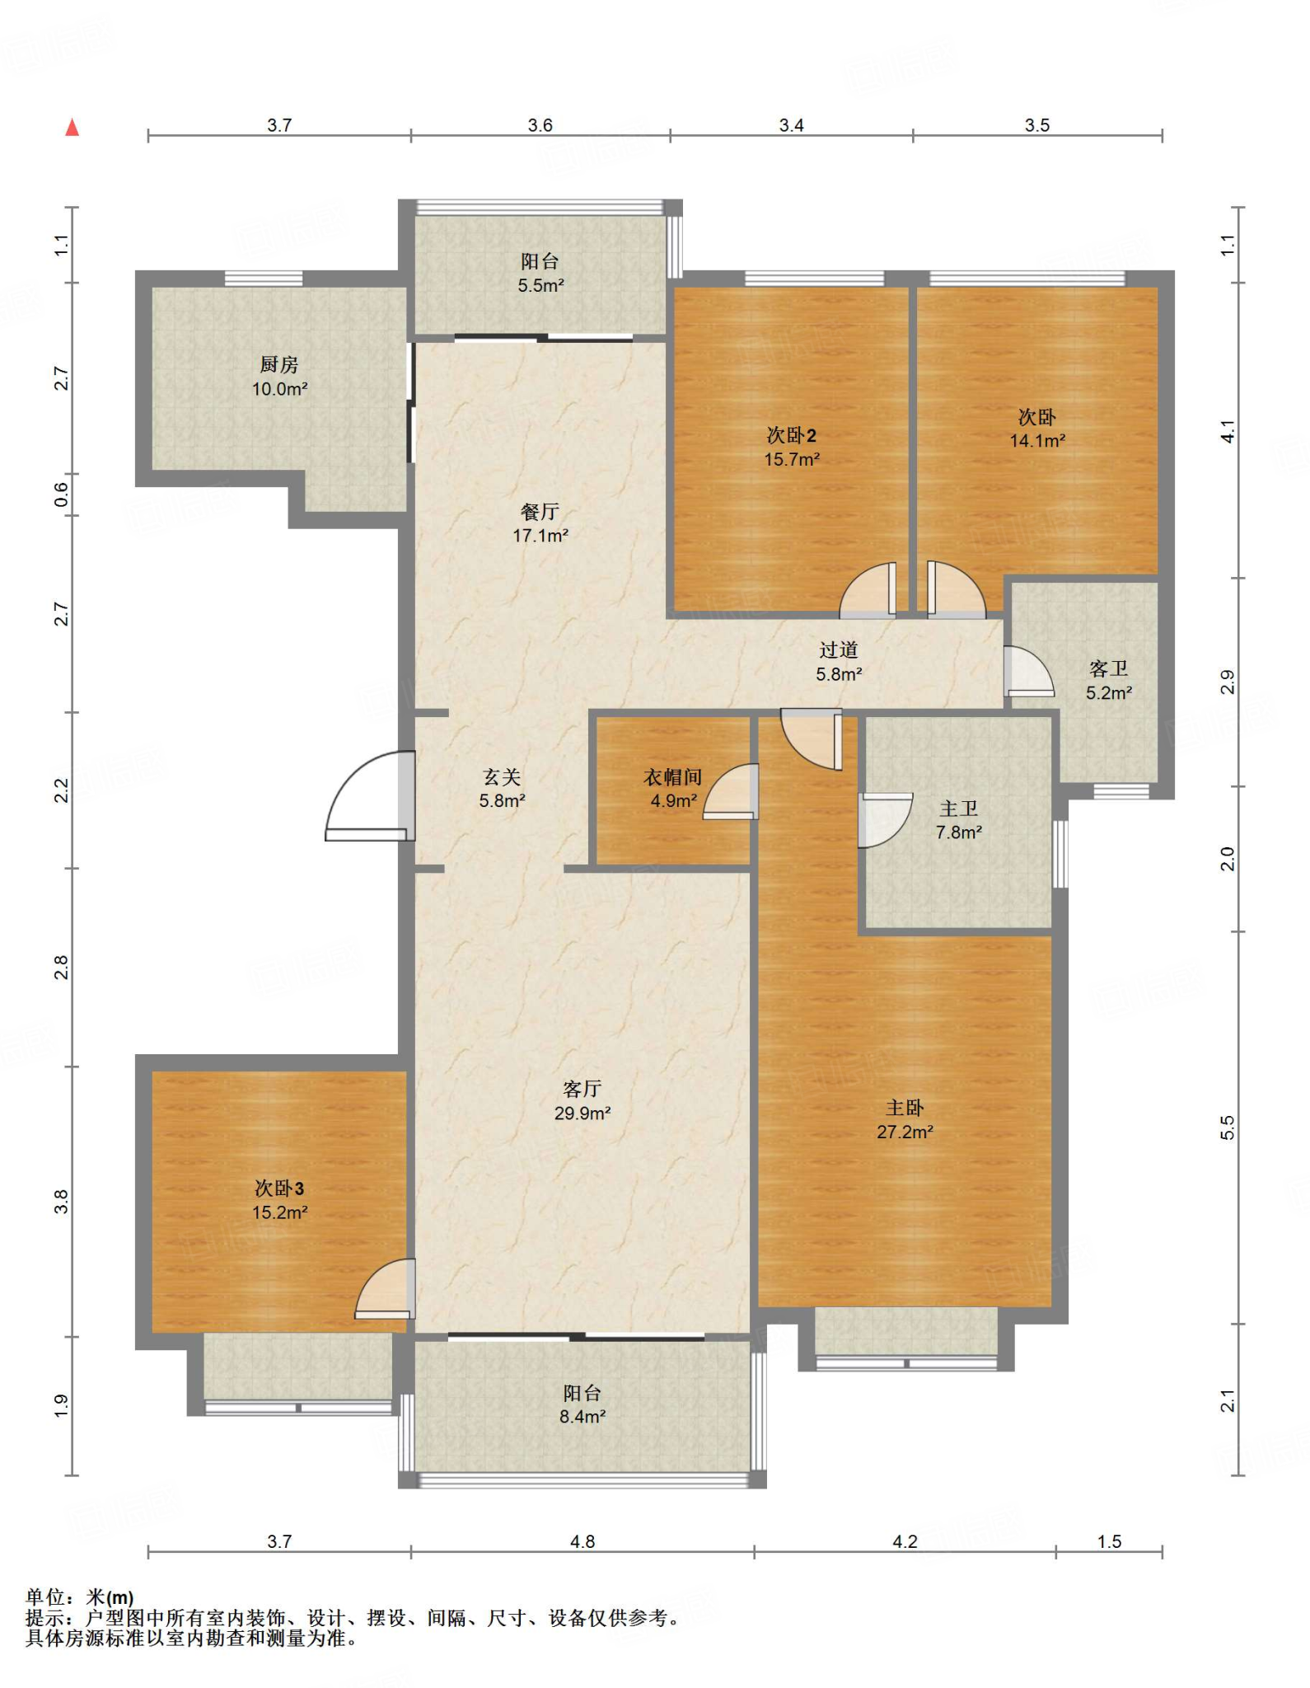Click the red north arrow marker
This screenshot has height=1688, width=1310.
pos(73,127)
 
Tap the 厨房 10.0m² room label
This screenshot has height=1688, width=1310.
pos(279,377)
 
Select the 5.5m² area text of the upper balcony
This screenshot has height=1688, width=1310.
pos(540,286)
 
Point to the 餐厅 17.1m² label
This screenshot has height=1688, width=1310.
pos(540,523)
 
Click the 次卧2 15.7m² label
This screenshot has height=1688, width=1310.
pos(791,447)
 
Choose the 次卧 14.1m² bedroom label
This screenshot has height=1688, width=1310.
pos(1037,429)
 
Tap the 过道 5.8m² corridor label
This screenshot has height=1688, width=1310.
pos(839,662)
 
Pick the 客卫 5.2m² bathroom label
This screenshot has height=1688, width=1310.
pos(1108,681)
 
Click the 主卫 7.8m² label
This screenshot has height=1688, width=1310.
pos(958,820)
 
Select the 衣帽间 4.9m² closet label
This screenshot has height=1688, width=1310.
pos(673,789)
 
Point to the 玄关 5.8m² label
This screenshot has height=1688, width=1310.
pos(502,788)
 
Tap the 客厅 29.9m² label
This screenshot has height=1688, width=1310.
pos(582,1101)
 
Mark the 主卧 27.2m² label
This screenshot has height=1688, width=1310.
pos(905,1120)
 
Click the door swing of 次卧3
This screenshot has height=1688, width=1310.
pos(385,1289)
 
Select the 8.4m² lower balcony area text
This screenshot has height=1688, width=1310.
pos(582,1417)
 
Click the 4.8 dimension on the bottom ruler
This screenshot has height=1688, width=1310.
pos(582,1541)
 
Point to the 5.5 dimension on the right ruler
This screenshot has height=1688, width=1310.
pos(1228,1128)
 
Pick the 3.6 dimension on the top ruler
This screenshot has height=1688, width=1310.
pos(540,125)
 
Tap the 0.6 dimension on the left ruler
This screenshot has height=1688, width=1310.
pos(62,495)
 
